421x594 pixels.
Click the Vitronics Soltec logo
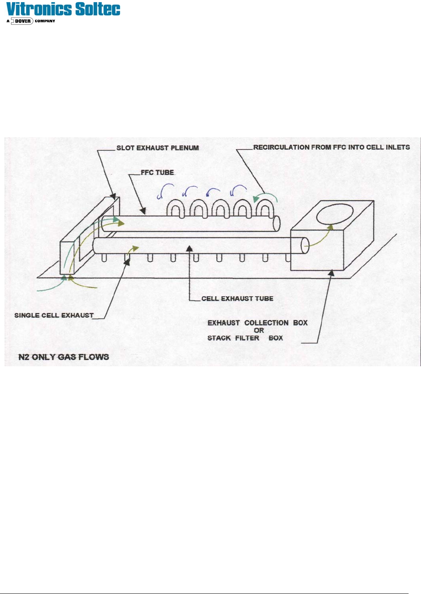pos(63,10)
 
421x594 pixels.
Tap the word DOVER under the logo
pos(23,21)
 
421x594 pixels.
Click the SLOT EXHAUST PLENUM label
pos(157,148)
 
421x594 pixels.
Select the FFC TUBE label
pos(157,173)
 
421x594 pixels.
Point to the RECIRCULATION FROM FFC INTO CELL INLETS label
pos(331,147)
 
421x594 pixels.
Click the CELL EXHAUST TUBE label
pos(237,299)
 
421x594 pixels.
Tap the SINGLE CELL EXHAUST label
pos(54,315)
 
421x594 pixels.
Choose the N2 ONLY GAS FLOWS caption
pos(64,357)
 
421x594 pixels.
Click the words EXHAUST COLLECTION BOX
pos(257,323)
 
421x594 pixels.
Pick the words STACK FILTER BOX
pos(245,338)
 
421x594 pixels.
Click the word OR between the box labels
pos(259,331)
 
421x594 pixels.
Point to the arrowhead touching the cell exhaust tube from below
pos(189,248)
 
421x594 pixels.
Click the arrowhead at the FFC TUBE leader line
pos(142,211)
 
